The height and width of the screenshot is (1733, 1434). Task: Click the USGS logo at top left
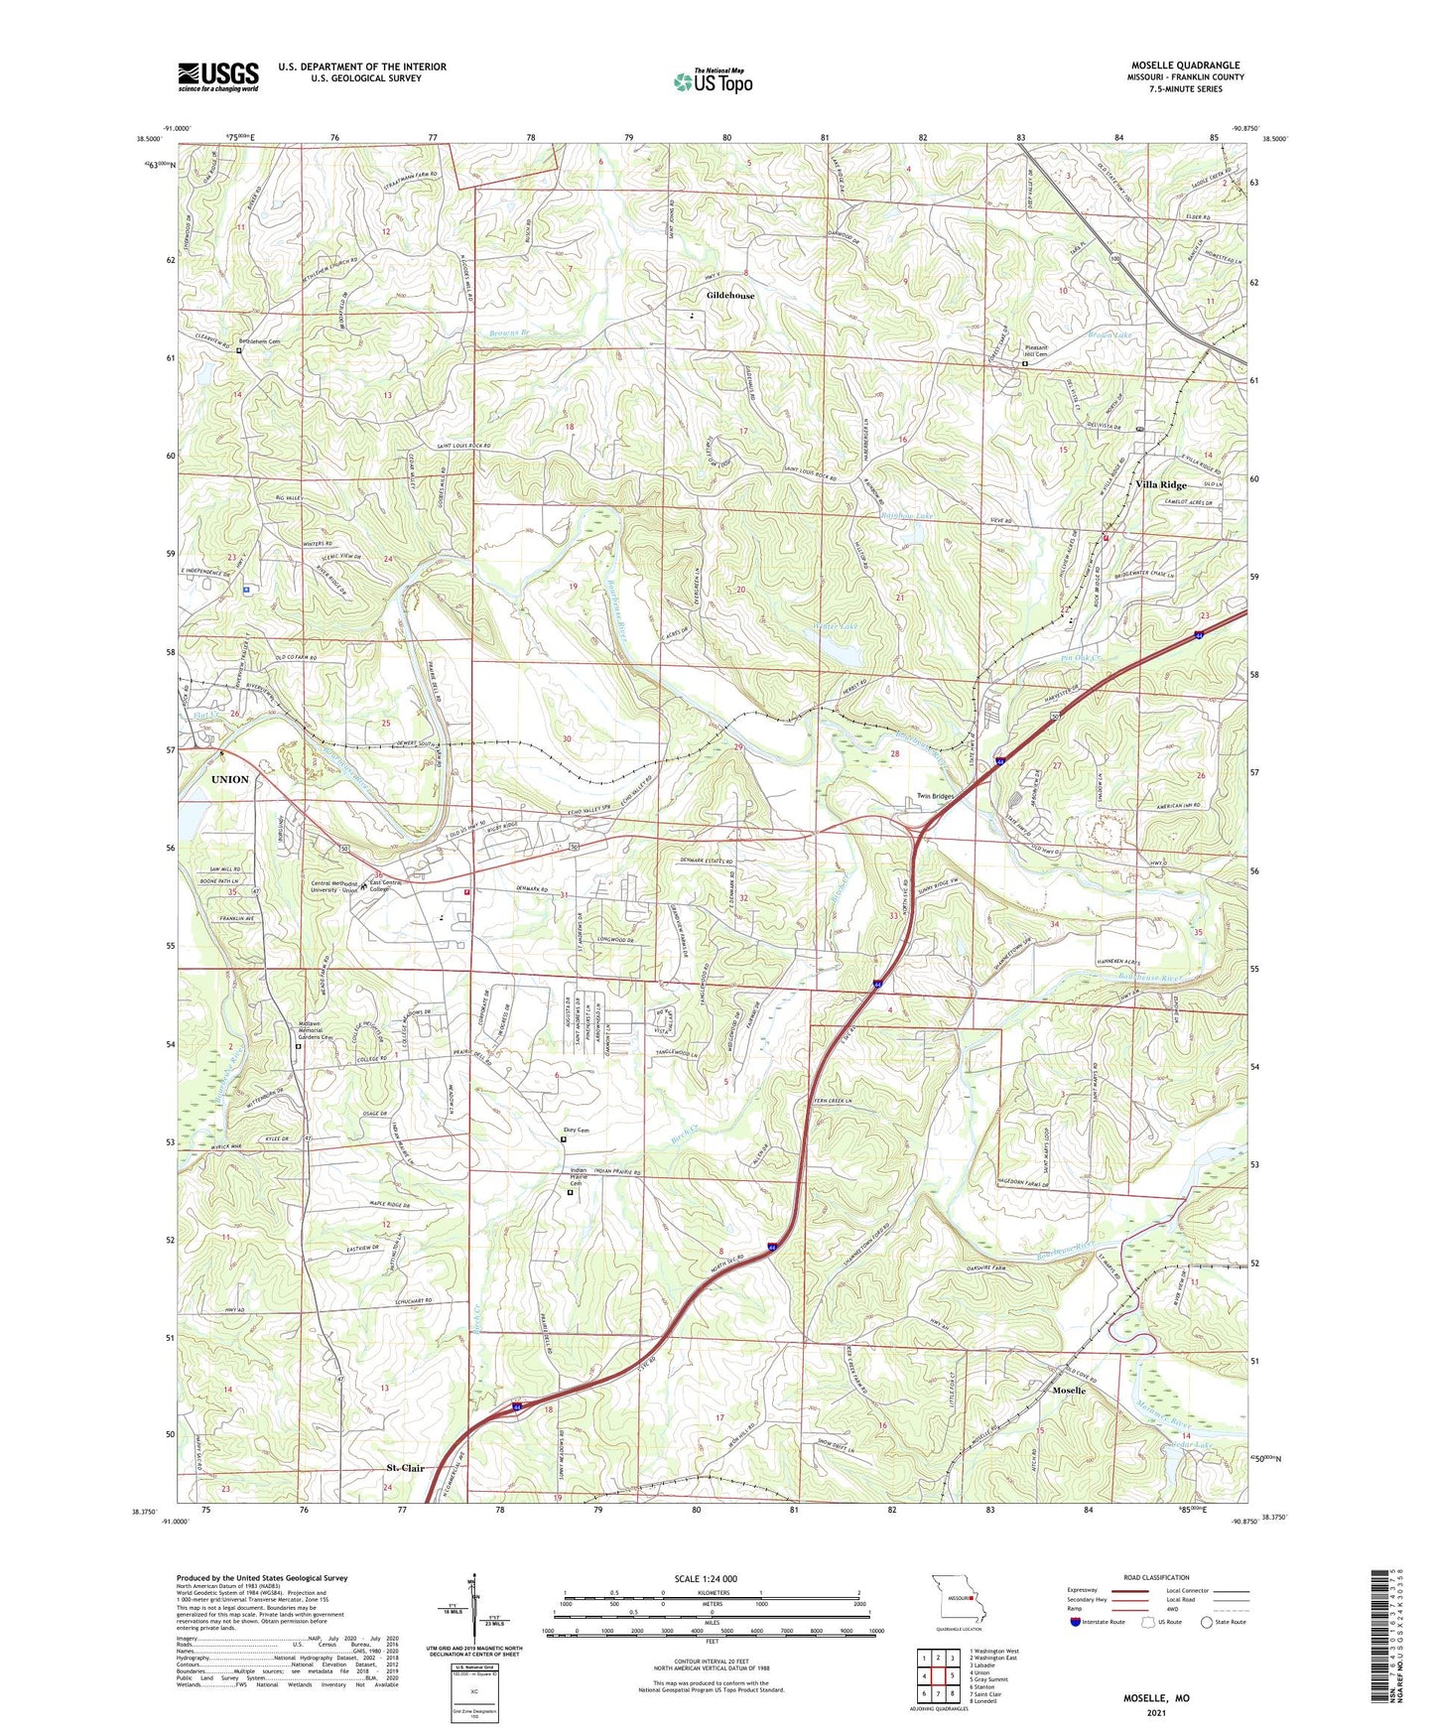pyautogui.click(x=218, y=76)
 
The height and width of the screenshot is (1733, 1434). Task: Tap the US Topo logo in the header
pyautogui.click(x=712, y=81)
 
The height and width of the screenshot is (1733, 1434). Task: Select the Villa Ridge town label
pyautogui.click(x=1160, y=484)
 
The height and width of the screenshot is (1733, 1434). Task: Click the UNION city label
pyautogui.click(x=229, y=779)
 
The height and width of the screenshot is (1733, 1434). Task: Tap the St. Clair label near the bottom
pyautogui.click(x=405, y=1468)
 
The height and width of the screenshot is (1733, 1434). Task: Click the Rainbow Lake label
pyautogui.click(x=907, y=516)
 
